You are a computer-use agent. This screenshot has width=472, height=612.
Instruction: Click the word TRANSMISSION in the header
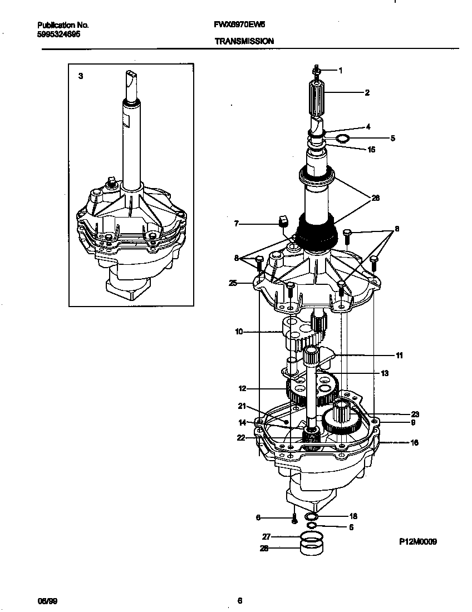tap(243, 41)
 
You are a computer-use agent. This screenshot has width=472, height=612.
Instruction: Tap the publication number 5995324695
tap(58, 34)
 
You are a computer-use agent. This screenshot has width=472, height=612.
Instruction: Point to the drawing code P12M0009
tap(417, 541)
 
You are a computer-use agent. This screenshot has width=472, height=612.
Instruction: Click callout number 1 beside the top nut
tap(340, 71)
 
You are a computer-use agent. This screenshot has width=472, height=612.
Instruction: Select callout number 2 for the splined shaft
tap(367, 93)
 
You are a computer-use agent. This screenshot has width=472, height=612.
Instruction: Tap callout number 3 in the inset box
tap(81, 76)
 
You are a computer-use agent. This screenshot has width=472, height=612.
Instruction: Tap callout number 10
tap(239, 332)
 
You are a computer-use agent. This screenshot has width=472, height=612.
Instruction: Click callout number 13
tap(384, 373)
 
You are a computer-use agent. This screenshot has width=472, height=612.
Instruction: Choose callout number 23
tap(415, 414)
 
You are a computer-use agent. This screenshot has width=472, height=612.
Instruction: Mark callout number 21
tap(242, 406)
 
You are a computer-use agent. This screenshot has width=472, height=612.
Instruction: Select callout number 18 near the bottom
tap(352, 516)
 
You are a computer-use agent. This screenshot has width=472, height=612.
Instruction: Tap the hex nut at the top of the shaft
tap(316, 71)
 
